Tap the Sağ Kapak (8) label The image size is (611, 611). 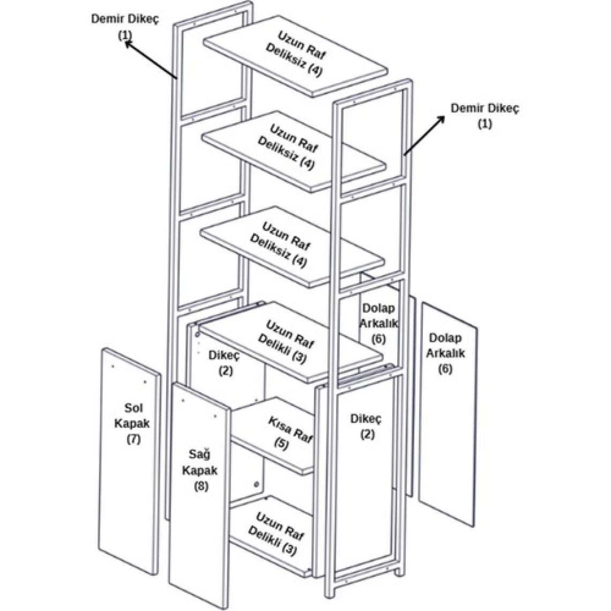(x=199, y=470)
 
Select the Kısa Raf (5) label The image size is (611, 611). (x=289, y=434)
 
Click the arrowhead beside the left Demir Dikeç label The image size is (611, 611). (x=129, y=46)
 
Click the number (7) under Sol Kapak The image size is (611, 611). (x=133, y=439)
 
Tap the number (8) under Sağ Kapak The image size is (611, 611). (x=200, y=486)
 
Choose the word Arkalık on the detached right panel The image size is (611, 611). (x=446, y=354)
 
